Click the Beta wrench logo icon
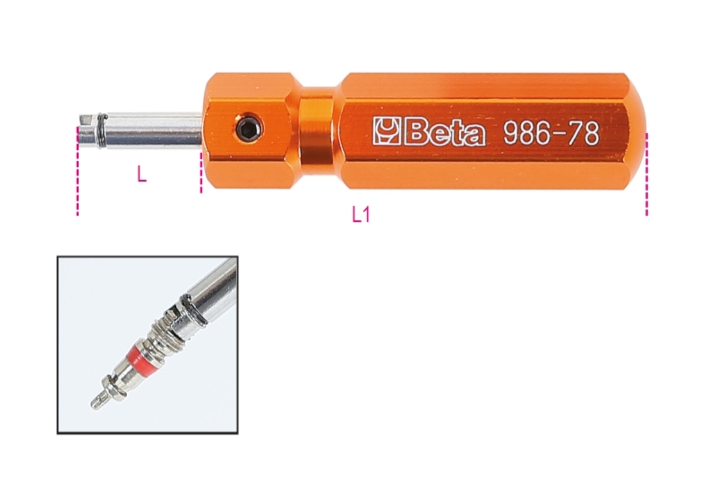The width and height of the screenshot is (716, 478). point(387,131)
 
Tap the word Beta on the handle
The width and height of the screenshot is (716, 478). point(444,132)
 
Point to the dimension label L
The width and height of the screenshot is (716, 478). point(141,174)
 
